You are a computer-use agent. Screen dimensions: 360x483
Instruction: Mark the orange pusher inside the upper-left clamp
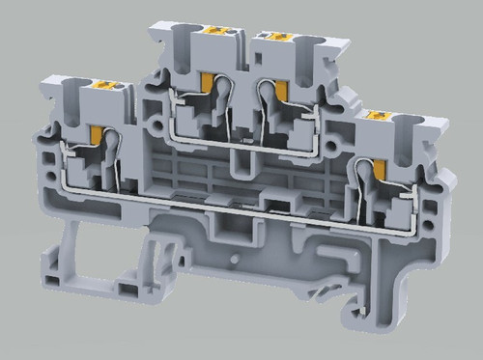pos(207,86)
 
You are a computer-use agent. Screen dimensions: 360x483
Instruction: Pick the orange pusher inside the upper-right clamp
pos(281,89)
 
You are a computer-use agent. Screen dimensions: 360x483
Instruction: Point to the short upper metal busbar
pos(241,138)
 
